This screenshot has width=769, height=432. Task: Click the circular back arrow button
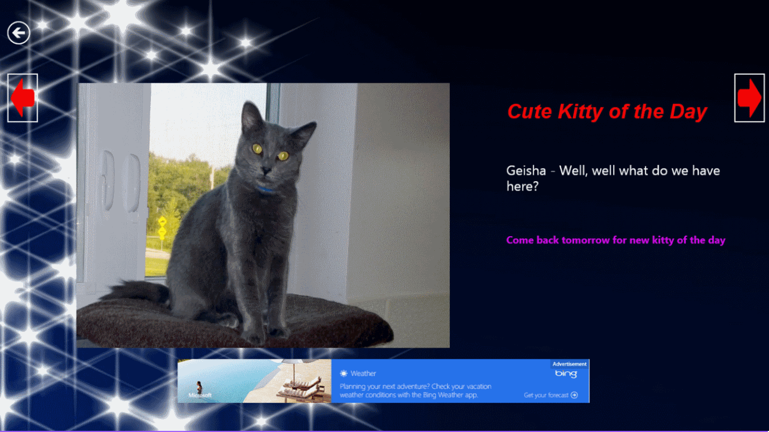[x=19, y=33]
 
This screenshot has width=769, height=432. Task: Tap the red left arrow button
[x=23, y=98]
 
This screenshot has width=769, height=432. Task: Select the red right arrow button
[x=749, y=98]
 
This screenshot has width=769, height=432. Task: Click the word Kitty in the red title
[x=580, y=112]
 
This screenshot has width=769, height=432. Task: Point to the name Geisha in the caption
[x=526, y=170]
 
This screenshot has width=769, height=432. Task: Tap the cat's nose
[x=266, y=170]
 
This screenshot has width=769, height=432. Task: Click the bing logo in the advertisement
[x=566, y=373]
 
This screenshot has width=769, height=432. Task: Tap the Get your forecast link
[x=551, y=395]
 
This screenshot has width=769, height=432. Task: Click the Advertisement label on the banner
[x=570, y=364]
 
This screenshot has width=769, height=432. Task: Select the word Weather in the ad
[x=363, y=373]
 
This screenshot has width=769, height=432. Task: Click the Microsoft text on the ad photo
[x=200, y=395]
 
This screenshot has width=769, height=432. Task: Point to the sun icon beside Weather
[x=343, y=373]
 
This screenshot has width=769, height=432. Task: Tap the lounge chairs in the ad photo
[x=301, y=386]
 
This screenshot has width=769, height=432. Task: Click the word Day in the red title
[x=688, y=112]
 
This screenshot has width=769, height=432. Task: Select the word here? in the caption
[x=522, y=186]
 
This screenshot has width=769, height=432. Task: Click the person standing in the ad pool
[x=199, y=387]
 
